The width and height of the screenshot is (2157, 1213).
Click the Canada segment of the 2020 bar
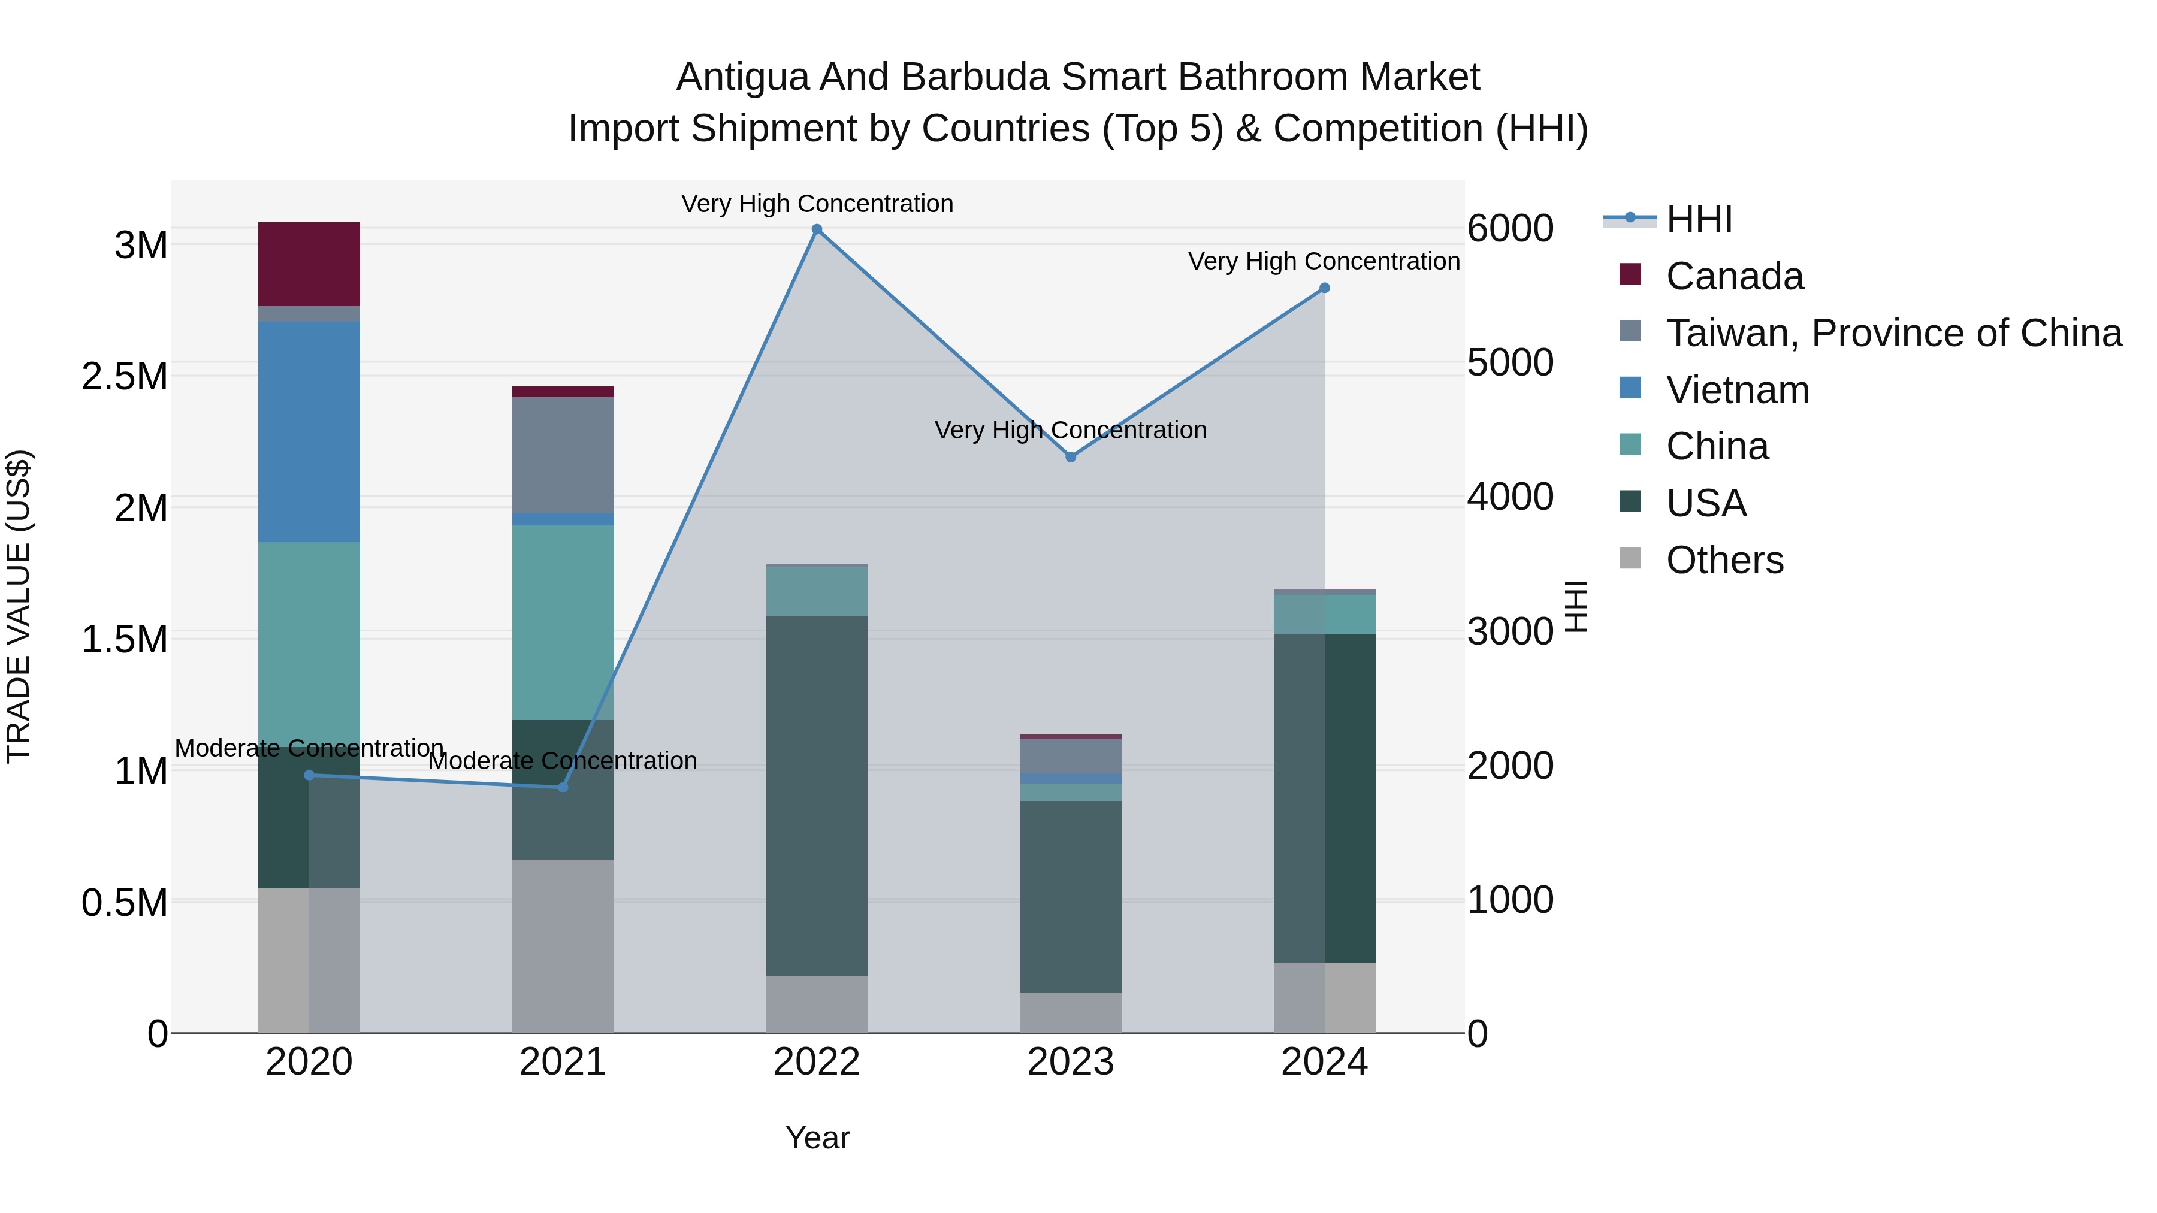pyautogui.click(x=309, y=264)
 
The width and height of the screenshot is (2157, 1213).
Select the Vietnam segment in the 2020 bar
pyautogui.click(x=309, y=431)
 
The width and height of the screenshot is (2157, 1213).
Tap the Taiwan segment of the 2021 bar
pyautogui.click(x=563, y=455)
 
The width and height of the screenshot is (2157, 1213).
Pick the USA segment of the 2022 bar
pyautogui.click(x=817, y=795)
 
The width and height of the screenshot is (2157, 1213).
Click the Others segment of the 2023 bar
pyautogui.click(x=1070, y=1012)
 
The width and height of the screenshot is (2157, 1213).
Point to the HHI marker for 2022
pyautogui.click(x=817, y=229)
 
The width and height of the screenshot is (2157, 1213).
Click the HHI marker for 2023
pyautogui.click(x=1070, y=457)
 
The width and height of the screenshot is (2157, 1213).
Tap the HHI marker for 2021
pyautogui.click(x=563, y=788)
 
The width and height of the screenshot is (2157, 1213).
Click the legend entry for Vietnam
pyautogui.click(x=1738, y=390)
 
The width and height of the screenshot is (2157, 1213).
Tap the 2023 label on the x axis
pyautogui.click(x=1070, y=1062)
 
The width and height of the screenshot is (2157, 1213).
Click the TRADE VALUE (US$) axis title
pyautogui.click(x=19, y=606)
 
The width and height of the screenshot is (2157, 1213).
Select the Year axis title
pyautogui.click(x=817, y=1138)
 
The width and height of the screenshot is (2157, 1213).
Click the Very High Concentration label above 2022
pyautogui.click(x=817, y=204)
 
